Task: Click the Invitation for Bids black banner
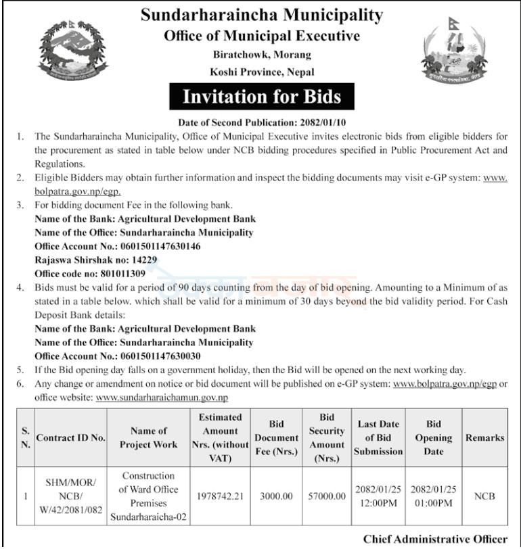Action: click(261, 96)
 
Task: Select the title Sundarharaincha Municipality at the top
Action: click(261, 15)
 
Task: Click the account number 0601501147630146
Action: click(160, 246)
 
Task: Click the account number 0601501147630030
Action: click(160, 356)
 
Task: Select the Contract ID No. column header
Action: click(70, 437)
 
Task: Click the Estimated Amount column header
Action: click(221, 437)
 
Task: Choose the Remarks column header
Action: click(484, 437)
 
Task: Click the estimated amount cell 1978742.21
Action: click(221, 496)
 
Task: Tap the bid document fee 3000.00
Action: click(276, 496)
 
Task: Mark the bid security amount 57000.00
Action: click(327, 496)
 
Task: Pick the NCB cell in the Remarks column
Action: click(484, 496)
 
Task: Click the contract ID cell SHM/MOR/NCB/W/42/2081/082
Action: click(70, 496)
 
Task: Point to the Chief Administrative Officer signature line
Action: click(435, 539)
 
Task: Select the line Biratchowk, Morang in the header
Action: click(261, 54)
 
